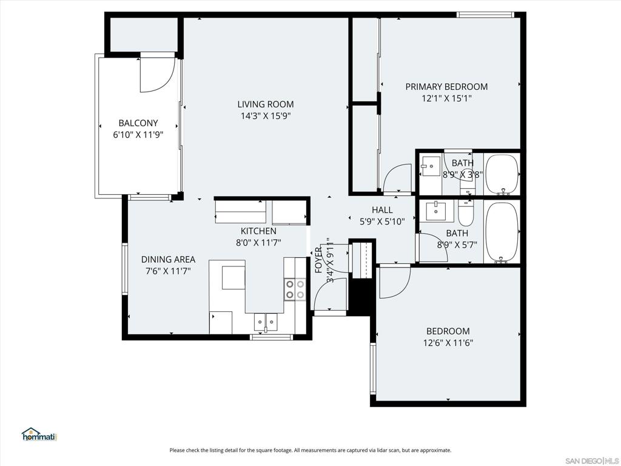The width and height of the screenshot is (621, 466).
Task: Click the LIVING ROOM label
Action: (266, 104)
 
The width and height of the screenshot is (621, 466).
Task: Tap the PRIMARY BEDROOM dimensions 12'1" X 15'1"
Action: (446, 98)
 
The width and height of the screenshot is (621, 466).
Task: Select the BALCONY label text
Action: (138, 123)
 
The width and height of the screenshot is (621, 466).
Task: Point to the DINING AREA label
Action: (168, 260)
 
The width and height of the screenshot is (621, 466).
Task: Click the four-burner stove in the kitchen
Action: (295, 289)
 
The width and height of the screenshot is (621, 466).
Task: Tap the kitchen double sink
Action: (266, 320)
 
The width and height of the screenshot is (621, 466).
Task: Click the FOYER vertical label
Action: (318, 260)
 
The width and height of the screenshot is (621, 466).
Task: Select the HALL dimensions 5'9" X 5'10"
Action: (382, 221)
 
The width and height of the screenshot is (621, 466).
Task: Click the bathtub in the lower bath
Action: (502, 232)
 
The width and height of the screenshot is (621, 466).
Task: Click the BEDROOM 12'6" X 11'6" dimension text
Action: (448, 343)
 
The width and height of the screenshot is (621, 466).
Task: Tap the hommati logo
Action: (39, 434)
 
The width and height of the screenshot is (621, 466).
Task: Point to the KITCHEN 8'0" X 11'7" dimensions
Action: (258, 243)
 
